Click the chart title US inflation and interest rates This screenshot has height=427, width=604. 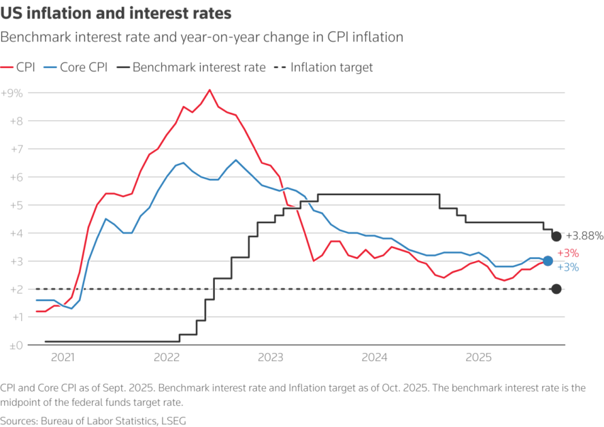(x=116, y=13)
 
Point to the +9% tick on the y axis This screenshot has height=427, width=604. (x=12, y=93)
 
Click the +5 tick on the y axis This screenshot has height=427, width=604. (x=13, y=205)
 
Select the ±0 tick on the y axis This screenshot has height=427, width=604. (x=12, y=345)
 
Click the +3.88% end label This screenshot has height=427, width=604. (x=584, y=237)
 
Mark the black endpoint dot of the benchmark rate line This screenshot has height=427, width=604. (x=556, y=236)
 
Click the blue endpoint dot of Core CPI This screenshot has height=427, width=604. (x=548, y=261)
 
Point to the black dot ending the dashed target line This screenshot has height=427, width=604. (x=556, y=289)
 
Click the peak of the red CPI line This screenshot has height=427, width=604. (x=209, y=90)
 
